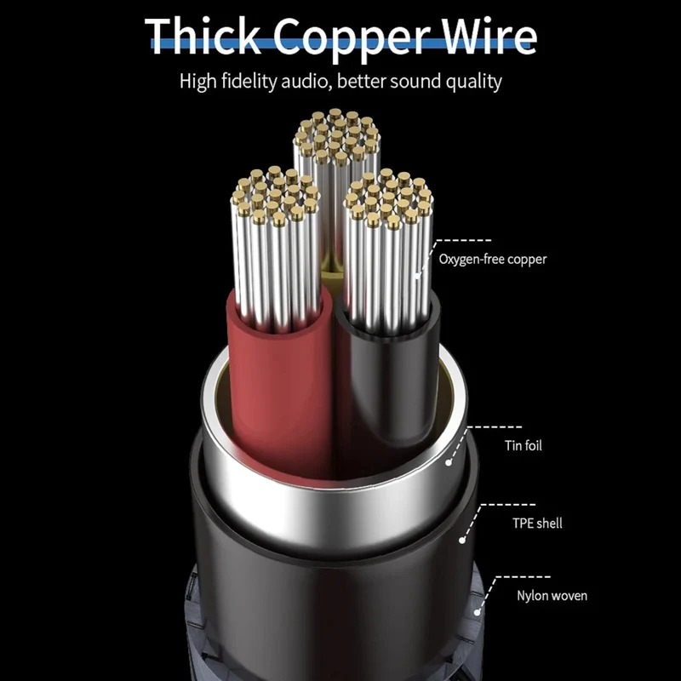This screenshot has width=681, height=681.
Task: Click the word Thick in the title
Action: coord(203,37)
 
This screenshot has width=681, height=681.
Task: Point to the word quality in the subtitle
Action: coord(475,83)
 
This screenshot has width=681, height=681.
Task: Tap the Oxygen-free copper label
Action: coord(493,260)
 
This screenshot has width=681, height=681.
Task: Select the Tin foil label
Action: coord(523,445)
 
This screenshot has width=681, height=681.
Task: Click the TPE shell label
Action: coord(537,523)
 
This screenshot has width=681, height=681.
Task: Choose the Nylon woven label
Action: coord(552,595)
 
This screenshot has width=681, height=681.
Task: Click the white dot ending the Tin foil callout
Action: coord(449,463)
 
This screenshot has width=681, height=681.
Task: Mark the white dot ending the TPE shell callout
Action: coord(462,541)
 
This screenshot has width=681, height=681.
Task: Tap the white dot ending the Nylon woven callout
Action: coord(477,612)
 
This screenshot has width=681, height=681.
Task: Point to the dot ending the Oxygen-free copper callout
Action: coord(418,276)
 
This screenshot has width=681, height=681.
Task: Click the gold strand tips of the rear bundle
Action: coord(336,134)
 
